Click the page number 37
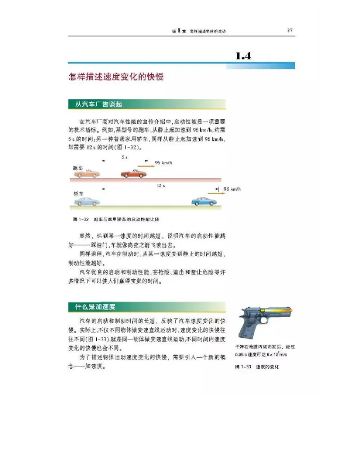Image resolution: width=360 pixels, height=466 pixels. tap(290, 31)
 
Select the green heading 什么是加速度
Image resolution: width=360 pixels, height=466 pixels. tap(92, 307)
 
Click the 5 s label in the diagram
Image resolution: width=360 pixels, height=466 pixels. tap(124, 158)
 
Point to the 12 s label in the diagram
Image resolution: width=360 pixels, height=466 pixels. tap(161, 185)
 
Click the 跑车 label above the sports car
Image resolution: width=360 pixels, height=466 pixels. tap(78, 167)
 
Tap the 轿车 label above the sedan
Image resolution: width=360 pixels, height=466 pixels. tap(78, 194)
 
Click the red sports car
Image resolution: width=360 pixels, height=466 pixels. tap(133, 174)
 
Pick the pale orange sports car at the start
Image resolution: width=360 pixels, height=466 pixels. tap(87, 173)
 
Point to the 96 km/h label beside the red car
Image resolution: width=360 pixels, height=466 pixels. tap(164, 163)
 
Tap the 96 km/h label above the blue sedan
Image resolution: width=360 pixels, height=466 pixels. tap(232, 190)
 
